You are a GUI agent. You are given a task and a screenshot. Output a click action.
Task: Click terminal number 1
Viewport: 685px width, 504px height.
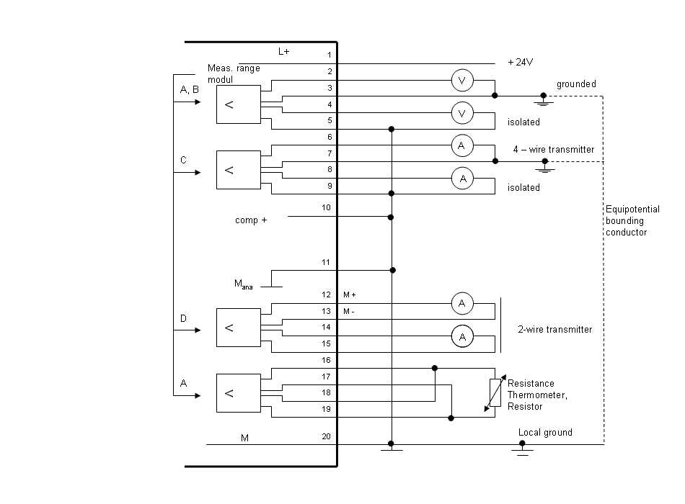(329, 55)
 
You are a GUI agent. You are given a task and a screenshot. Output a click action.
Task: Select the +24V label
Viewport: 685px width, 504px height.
(520, 63)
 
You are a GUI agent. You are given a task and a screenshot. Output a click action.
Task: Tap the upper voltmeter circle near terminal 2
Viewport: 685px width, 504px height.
(462, 81)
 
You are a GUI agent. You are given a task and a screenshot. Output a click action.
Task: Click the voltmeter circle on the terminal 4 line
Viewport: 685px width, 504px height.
(462, 113)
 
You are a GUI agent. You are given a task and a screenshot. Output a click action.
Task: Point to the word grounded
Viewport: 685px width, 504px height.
(576, 84)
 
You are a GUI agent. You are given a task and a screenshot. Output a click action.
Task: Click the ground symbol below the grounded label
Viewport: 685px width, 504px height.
(544, 101)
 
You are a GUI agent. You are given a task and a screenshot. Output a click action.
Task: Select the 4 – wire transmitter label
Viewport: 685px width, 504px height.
(553, 150)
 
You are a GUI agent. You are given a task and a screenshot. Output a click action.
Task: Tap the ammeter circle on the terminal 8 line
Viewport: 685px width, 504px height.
(462, 178)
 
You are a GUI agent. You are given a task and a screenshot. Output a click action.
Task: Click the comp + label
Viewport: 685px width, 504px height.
(251, 220)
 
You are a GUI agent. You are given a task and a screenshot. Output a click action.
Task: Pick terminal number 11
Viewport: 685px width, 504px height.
(327, 263)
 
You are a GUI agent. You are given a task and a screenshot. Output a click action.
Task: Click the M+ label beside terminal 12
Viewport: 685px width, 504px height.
(350, 295)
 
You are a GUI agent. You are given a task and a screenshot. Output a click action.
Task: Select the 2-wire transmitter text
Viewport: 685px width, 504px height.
(554, 330)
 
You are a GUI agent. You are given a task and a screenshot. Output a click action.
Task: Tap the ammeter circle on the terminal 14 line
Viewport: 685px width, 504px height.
(462, 336)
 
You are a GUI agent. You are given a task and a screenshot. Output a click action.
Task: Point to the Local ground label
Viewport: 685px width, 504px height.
(545, 433)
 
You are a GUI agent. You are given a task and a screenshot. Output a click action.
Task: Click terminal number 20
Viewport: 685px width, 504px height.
(327, 436)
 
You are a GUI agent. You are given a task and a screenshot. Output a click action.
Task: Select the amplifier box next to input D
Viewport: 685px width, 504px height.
(239, 328)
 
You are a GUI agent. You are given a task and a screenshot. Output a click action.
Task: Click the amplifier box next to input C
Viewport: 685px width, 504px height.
(239, 170)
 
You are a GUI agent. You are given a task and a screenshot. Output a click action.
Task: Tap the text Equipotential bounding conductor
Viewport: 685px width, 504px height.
(632, 221)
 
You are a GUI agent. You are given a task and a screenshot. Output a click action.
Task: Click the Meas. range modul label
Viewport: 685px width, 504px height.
(233, 73)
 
